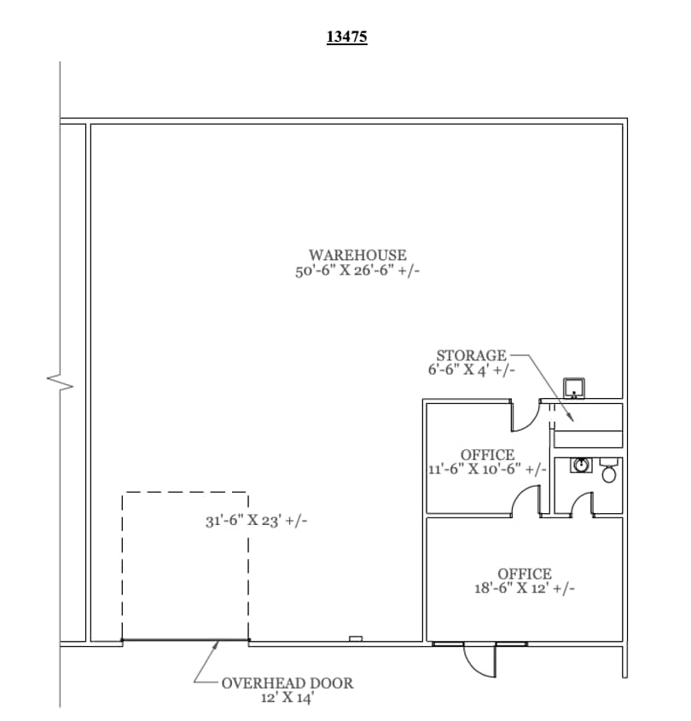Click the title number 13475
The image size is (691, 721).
(346, 37)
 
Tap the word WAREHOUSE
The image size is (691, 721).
(357, 255)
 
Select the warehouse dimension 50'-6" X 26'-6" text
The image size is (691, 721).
(357, 271)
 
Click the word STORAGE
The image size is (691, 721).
(471, 355)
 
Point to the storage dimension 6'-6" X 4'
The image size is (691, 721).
(471, 371)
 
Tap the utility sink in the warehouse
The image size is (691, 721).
(575, 389)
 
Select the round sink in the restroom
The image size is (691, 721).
(581, 465)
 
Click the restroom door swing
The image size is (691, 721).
(583, 504)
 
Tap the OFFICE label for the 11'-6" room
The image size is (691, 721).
(487, 454)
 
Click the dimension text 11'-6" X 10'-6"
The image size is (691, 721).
(487, 470)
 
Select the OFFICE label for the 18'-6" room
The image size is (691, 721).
(525, 574)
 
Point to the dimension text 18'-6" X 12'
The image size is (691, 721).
(525, 589)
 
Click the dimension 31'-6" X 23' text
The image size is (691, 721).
(257, 521)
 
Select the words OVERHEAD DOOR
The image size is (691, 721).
(287, 683)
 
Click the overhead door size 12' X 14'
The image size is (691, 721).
(287, 697)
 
